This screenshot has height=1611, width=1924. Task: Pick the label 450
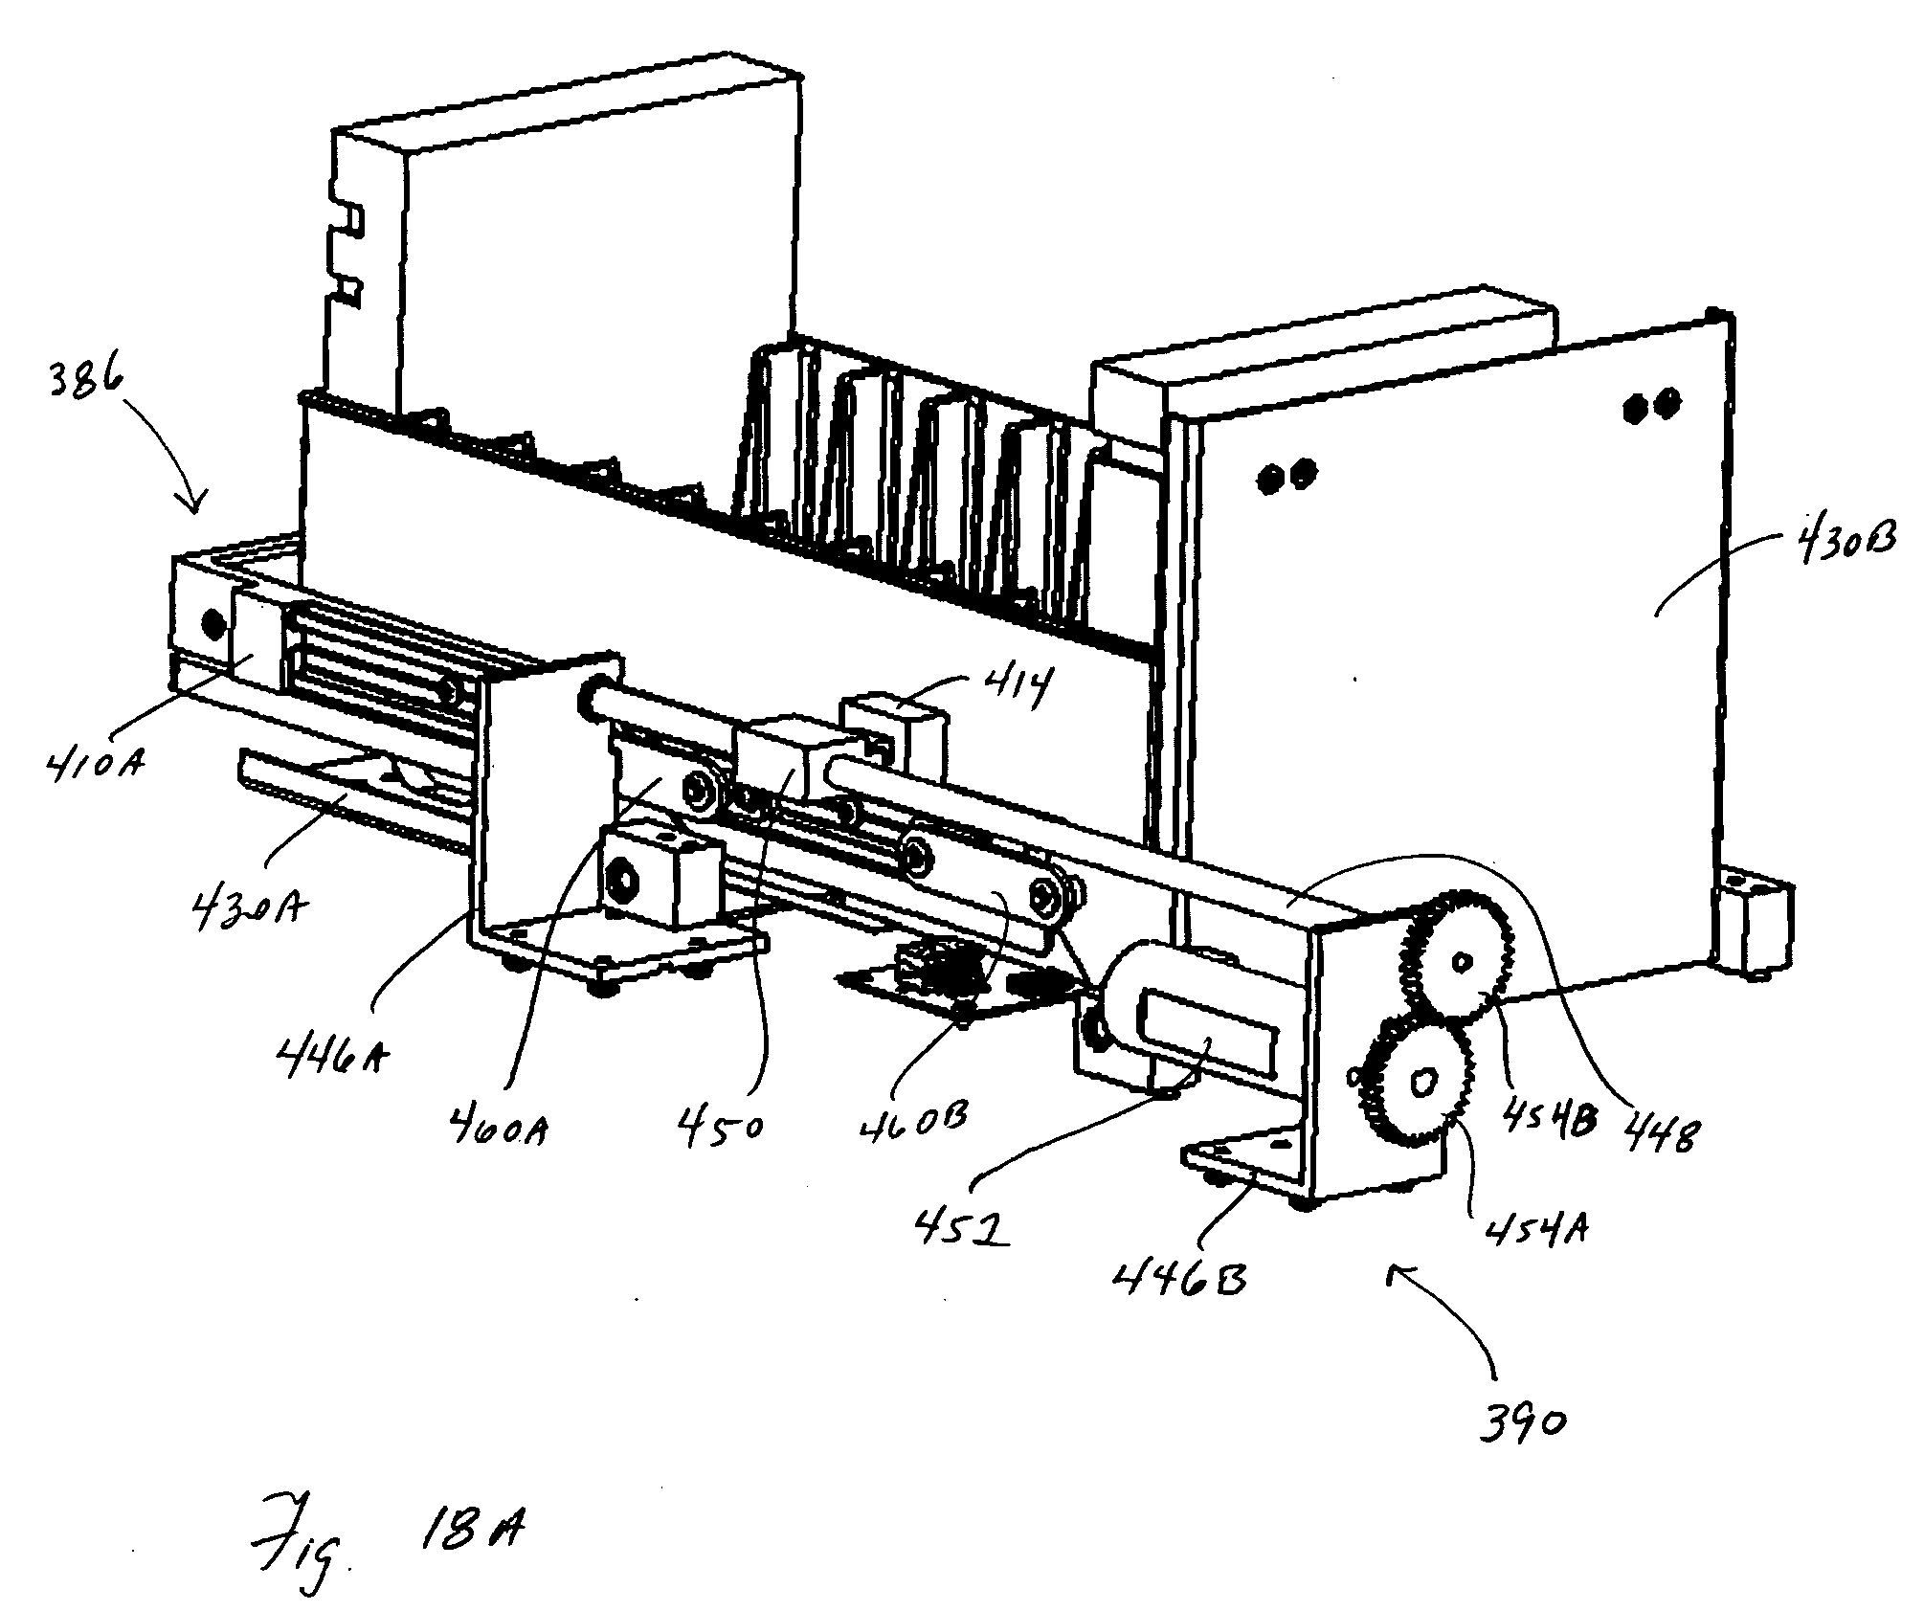[723, 1126]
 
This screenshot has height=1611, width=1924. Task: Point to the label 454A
[1532, 1226]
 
